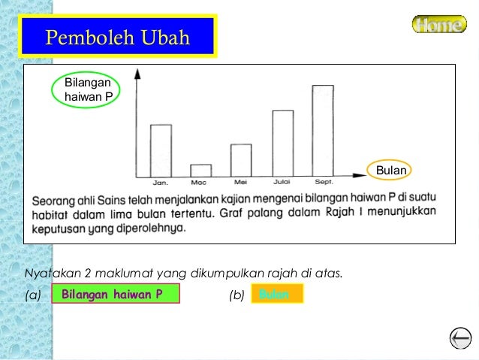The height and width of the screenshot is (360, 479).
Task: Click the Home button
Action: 438,25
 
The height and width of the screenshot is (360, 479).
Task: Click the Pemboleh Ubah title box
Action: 118,37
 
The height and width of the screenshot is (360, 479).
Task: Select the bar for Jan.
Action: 161,150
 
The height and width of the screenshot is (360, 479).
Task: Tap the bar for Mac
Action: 200,170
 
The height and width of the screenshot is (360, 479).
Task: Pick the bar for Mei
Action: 241,160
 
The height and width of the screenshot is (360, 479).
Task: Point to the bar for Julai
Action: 282,143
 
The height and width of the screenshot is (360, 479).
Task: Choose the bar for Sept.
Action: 323,130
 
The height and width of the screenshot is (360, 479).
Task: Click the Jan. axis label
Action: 161,183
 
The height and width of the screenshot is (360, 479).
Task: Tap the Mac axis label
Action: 199,183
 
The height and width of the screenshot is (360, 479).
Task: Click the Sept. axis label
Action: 324,183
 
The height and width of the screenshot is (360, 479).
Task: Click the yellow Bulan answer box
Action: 276,294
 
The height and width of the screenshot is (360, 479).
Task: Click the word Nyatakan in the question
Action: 50,272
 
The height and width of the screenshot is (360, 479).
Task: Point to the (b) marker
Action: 236,295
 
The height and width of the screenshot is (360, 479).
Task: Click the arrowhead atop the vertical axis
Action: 137,73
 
